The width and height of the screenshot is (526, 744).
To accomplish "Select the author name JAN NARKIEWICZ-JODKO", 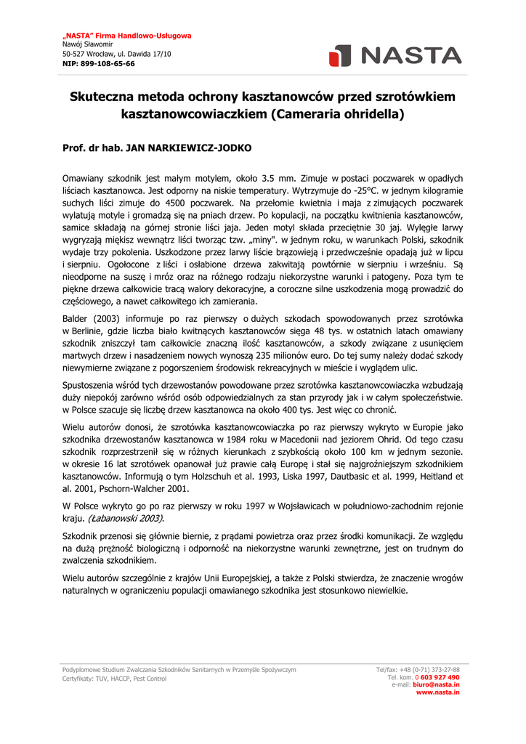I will [189, 147].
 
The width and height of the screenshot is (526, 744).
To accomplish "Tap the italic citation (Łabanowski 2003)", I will [125, 518].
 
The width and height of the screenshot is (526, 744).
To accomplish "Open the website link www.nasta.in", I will [437, 692].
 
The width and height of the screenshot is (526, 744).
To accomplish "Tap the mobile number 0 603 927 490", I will [437, 677].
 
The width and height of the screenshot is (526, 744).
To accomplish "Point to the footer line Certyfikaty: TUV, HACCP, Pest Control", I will [114, 679].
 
